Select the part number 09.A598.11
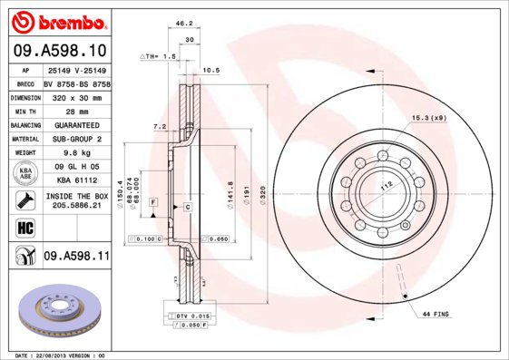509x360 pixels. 76,257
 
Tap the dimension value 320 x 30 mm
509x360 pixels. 76,95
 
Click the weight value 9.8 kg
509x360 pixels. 76,153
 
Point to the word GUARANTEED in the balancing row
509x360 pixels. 76,124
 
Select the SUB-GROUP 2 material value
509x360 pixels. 76,139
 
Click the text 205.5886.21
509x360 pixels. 76,206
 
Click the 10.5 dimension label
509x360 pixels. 211,70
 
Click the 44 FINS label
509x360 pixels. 436,313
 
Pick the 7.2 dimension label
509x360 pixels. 160,126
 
